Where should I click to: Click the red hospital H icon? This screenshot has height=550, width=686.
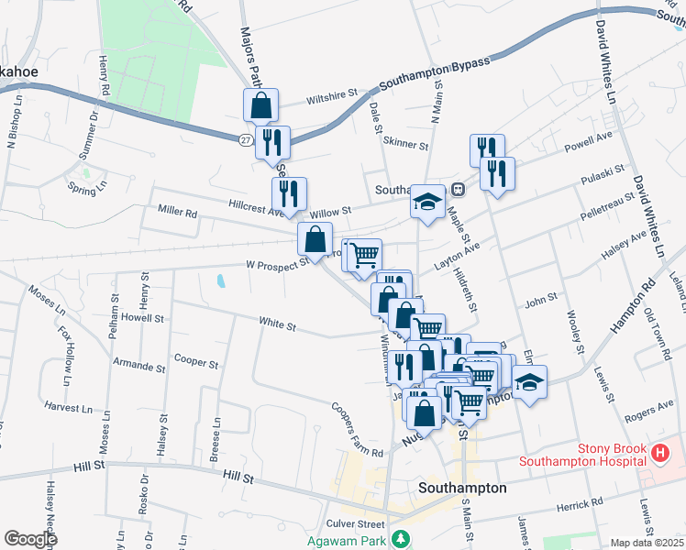click(x=659, y=452)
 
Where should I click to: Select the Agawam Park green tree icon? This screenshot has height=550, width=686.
click(x=399, y=537)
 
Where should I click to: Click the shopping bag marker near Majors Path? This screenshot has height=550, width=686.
click(x=261, y=105)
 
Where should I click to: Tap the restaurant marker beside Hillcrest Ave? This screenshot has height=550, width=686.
click(x=289, y=194)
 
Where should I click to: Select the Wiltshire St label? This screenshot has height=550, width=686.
click(x=331, y=96)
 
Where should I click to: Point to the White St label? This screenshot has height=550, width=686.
click(x=277, y=324)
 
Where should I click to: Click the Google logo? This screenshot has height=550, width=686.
click(x=30, y=539)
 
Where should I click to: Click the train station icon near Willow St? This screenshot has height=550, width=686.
click(x=458, y=190)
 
